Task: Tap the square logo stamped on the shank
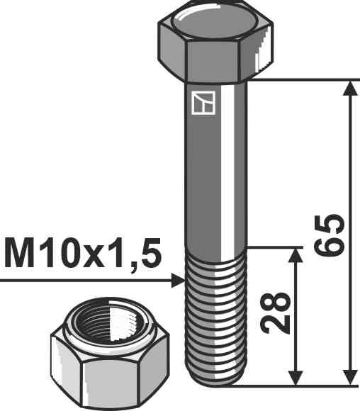coord(203,103)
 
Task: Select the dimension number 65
coord(332,234)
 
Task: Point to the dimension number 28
coord(277,313)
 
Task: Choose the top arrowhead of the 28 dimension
coord(296,256)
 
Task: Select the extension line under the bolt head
coord(298,79)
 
